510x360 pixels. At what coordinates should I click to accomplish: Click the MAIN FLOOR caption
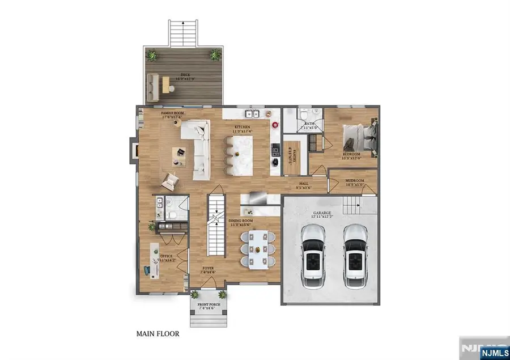[158, 334]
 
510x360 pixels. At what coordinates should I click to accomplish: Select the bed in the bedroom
[360, 135]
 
